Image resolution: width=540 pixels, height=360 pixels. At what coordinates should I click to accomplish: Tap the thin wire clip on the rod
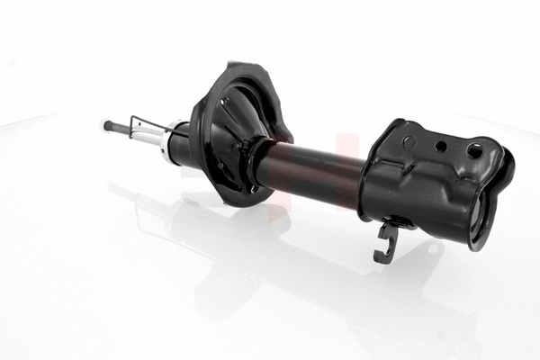[x=144, y=125]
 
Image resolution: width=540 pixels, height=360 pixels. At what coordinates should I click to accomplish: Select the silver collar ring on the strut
[x=167, y=143]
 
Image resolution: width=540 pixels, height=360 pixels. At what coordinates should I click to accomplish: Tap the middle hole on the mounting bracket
[x=440, y=146]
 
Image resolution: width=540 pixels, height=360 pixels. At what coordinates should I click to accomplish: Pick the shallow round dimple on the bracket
[x=409, y=141]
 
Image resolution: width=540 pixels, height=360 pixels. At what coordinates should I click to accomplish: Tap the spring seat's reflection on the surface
[x=225, y=261]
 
